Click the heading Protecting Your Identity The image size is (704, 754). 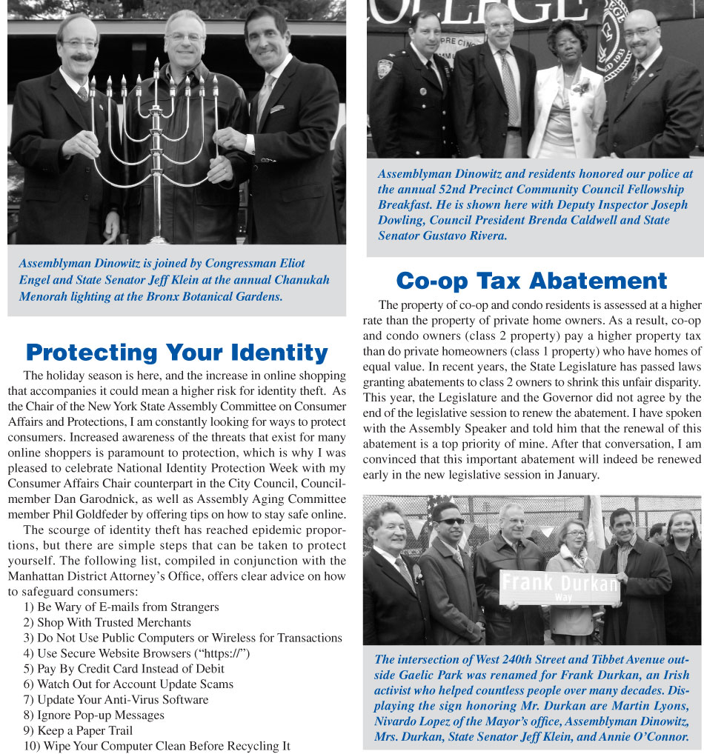click(x=176, y=352)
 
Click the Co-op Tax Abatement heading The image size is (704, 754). click(x=531, y=281)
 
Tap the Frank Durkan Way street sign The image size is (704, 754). click(x=559, y=586)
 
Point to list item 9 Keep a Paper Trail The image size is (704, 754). click(x=78, y=730)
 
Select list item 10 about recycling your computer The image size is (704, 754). click(x=156, y=746)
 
